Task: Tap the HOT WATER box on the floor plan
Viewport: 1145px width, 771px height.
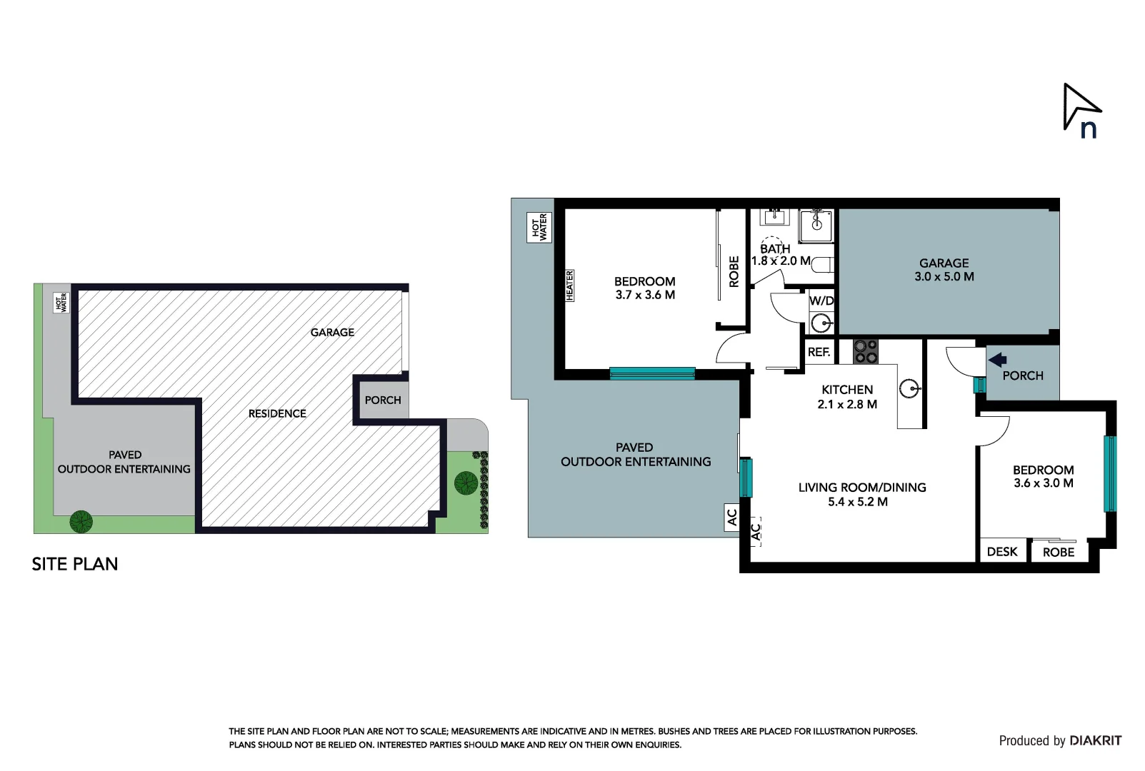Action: point(539,227)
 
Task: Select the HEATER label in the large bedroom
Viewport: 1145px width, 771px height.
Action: point(569,286)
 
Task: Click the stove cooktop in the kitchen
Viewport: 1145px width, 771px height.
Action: point(866,351)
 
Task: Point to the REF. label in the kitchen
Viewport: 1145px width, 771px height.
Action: point(819,353)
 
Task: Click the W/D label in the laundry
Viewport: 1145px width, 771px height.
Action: point(821,301)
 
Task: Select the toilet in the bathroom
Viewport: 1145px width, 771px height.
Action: point(823,265)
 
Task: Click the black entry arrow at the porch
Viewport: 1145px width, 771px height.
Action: point(997,361)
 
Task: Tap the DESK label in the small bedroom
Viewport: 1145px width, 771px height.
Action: point(1002,552)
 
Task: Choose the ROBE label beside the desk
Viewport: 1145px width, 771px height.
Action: point(1059,553)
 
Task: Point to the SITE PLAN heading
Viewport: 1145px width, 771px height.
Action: point(74,564)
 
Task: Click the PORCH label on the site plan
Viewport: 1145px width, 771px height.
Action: point(383,400)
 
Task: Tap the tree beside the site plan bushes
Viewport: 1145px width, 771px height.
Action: point(466,483)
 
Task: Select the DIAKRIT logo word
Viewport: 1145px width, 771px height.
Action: point(1096,740)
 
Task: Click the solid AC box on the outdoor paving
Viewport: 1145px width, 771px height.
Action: point(732,518)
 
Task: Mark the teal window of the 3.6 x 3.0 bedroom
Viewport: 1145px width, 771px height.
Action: point(1109,473)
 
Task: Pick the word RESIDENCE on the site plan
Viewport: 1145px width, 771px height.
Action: point(277,413)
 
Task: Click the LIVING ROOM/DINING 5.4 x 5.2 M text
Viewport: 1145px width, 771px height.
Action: point(862,494)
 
